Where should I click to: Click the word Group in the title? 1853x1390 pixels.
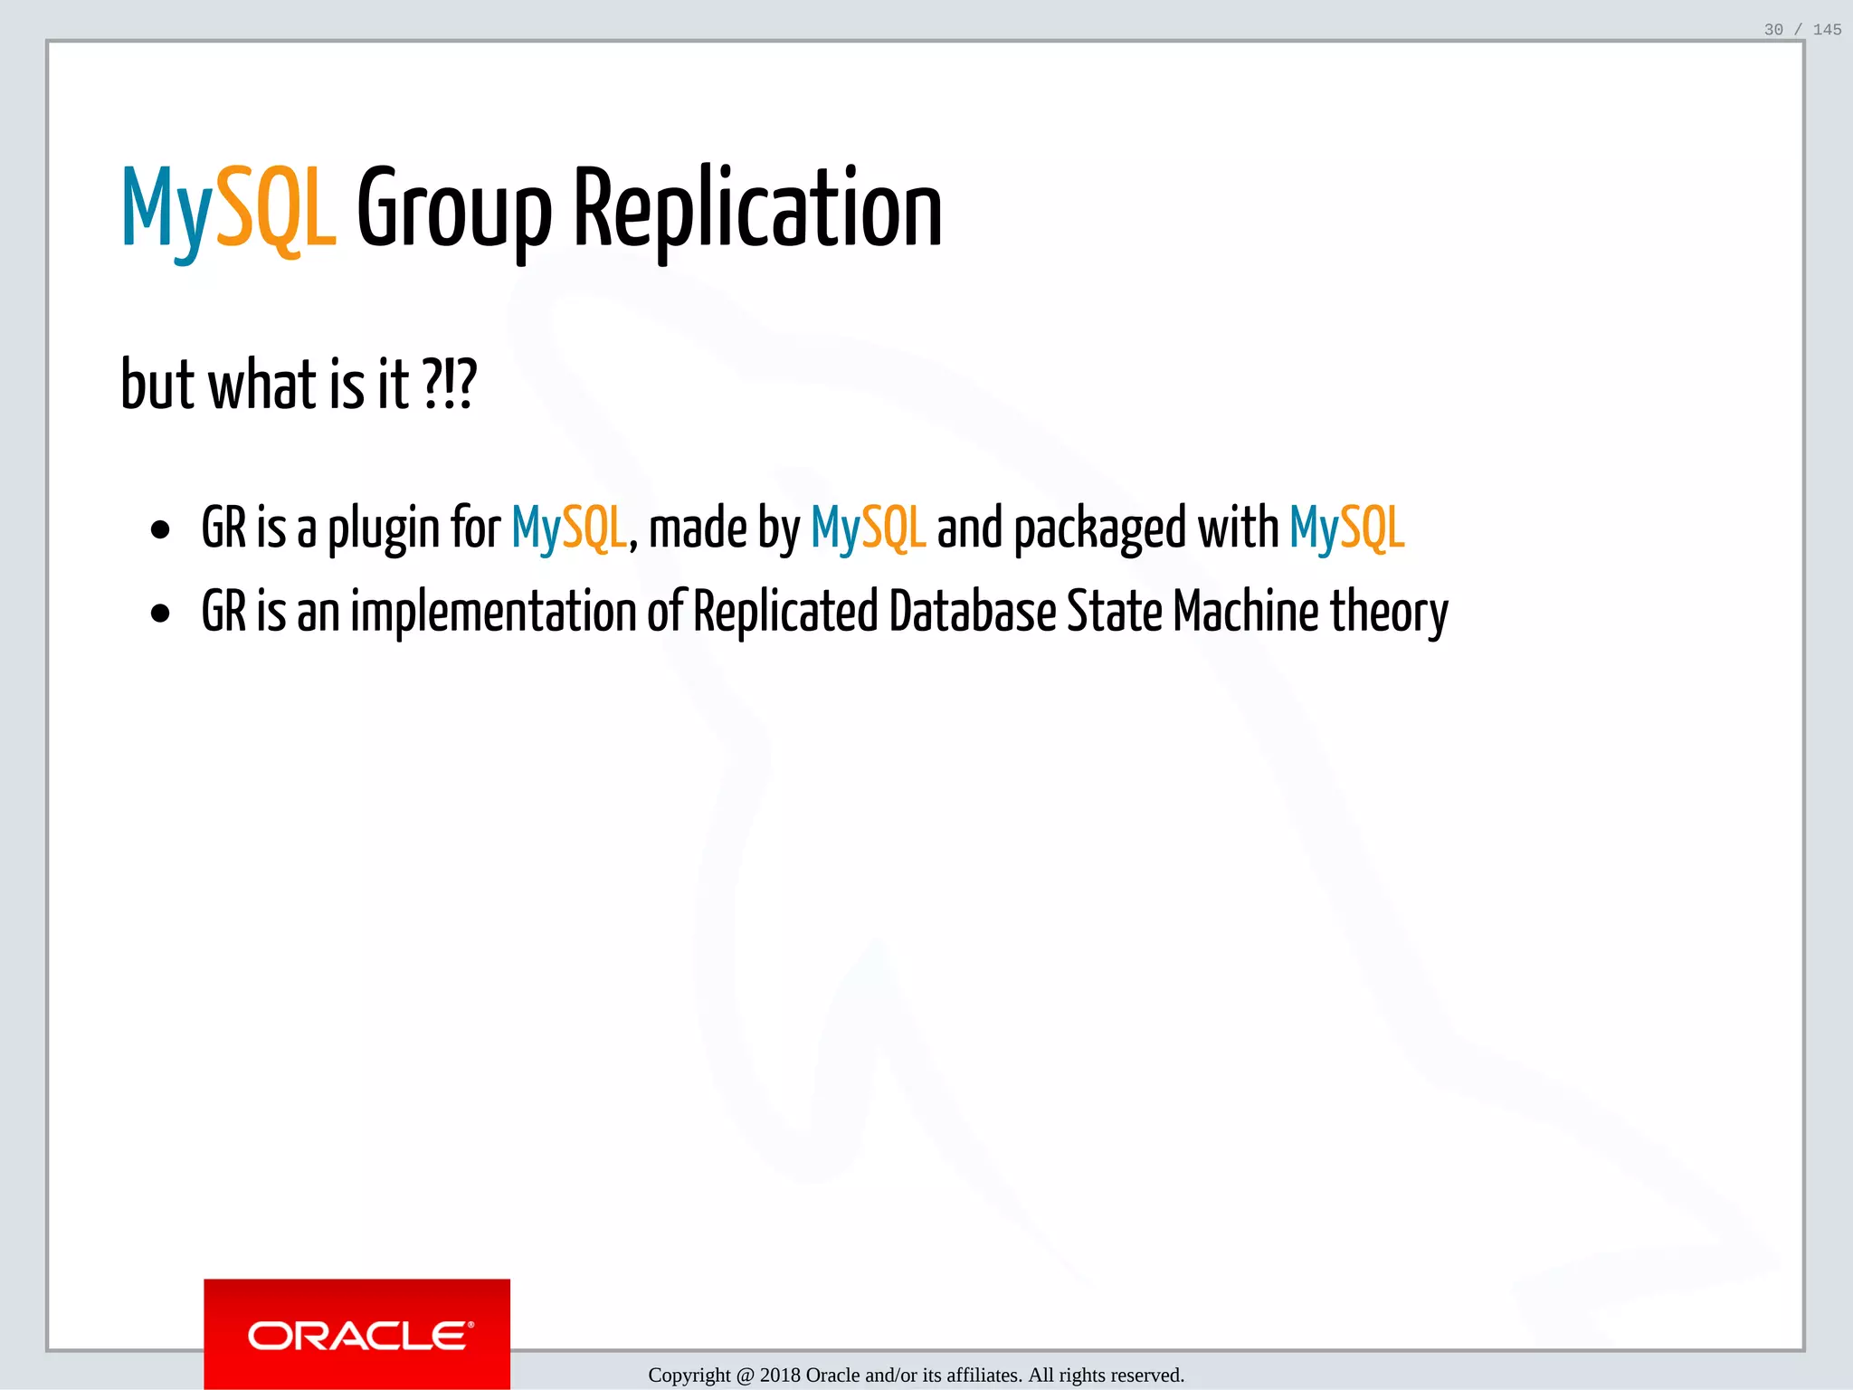click(x=454, y=210)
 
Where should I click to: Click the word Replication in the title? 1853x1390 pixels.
click(x=758, y=210)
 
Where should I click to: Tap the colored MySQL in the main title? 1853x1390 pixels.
click(x=229, y=210)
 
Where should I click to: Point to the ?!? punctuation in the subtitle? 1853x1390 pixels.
click(x=450, y=384)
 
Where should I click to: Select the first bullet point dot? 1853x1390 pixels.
click(x=161, y=530)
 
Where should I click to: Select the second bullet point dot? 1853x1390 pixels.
click(x=161, y=614)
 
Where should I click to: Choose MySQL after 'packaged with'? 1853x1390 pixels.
click(x=1347, y=528)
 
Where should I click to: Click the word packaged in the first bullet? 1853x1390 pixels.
click(x=1099, y=528)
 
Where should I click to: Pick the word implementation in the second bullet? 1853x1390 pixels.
click(x=493, y=612)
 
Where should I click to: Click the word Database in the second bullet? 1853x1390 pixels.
click(x=972, y=612)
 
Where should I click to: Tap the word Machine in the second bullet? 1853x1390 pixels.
click(x=1245, y=612)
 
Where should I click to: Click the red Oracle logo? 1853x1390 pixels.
click(x=357, y=1334)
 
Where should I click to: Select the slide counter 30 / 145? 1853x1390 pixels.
click(x=1802, y=30)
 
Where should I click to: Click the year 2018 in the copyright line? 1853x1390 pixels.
click(x=780, y=1376)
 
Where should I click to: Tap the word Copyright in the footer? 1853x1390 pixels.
click(x=689, y=1376)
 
